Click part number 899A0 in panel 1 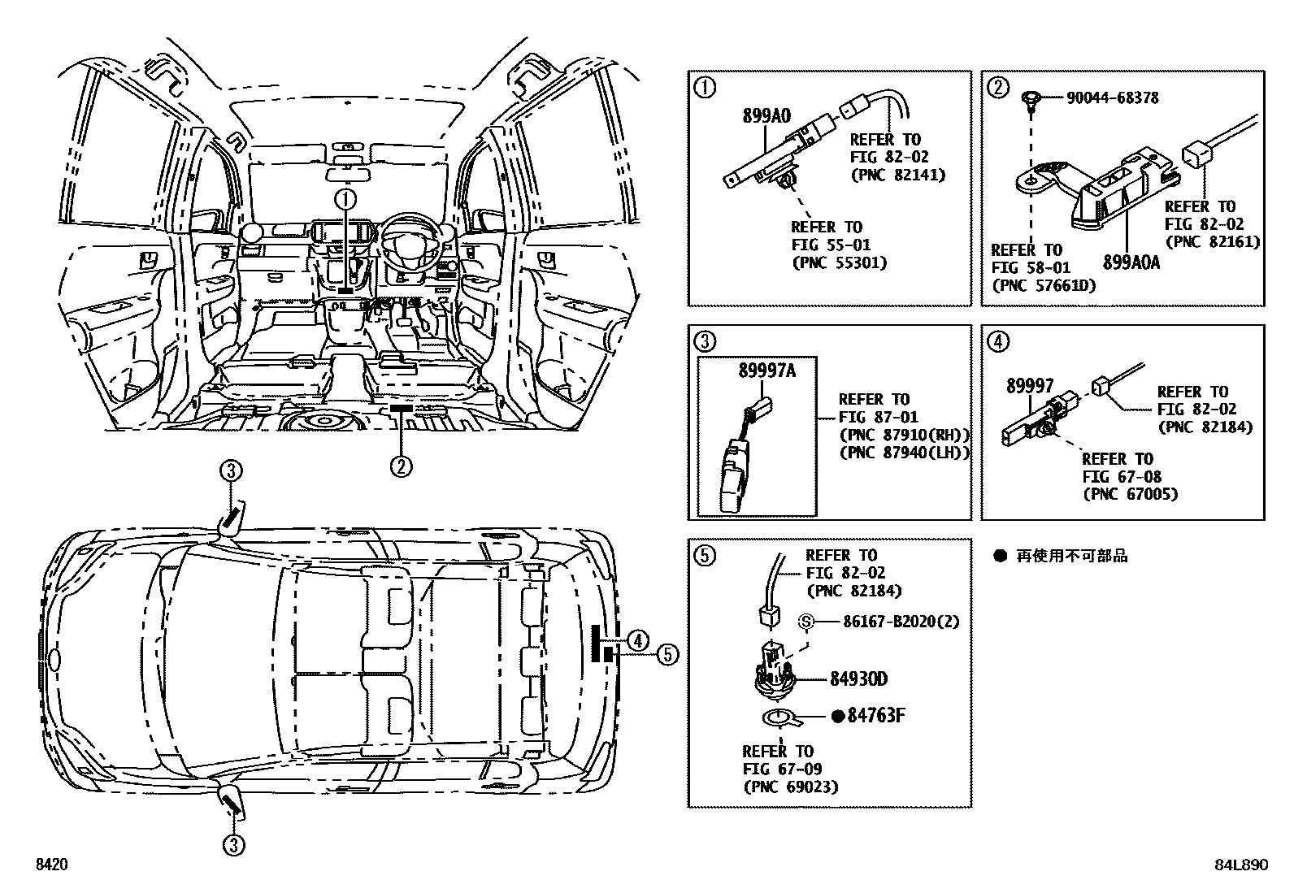point(766,116)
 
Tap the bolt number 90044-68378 point(1113,98)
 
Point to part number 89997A point(766,371)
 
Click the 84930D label point(858,679)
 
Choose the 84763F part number point(875,716)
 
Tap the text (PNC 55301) point(839,262)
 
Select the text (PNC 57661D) point(1044,285)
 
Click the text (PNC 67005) point(1130,494)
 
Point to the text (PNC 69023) point(790,787)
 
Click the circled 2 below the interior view point(401,466)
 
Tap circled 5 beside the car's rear point(667,654)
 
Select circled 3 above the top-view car point(231,470)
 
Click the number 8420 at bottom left point(50,865)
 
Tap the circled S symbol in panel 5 point(806,622)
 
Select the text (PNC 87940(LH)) point(904,453)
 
